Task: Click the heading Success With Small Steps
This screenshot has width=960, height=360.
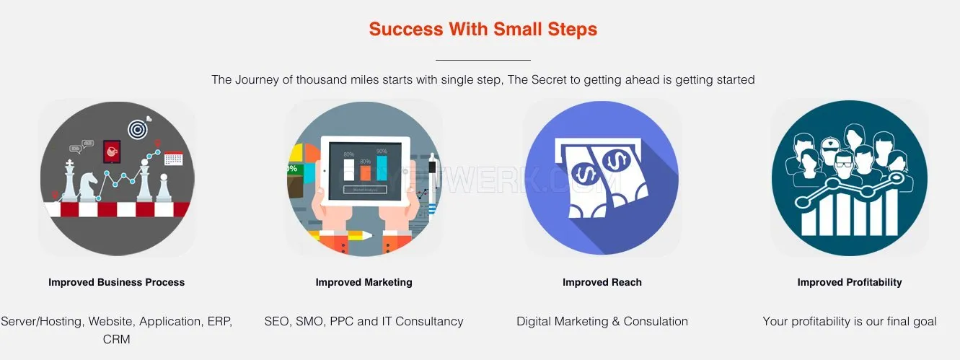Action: coord(483,29)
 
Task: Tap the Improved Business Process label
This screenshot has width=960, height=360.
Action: coord(117,282)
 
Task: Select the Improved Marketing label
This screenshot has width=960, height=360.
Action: coord(364,282)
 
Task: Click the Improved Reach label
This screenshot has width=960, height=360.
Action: coord(602,282)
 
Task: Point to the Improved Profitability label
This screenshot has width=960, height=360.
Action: coord(850,282)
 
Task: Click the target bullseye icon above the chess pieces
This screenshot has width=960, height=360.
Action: coord(138,129)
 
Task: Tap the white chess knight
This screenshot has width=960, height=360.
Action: coord(88,186)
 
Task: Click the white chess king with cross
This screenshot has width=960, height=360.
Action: coord(70,180)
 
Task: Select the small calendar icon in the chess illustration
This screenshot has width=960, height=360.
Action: coord(174,158)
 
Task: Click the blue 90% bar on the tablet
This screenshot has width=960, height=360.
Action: coord(382,168)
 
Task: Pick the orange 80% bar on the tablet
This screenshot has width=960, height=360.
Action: coord(365,173)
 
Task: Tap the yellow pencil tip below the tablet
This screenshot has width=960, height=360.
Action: coord(368,235)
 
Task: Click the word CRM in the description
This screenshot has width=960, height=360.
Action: coord(117,339)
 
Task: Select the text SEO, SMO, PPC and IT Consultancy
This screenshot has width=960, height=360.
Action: coord(364,322)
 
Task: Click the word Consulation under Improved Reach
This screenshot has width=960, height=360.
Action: coord(656,322)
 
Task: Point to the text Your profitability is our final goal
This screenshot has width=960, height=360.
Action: coord(850,322)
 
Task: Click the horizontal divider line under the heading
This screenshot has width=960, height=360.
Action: coord(483,60)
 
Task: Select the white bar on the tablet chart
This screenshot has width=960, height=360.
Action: coord(349,170)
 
